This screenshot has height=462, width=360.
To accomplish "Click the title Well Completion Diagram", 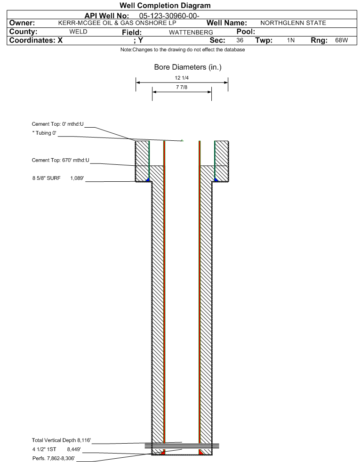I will click(x=165, y=6).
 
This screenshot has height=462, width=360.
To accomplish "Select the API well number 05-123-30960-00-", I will click(x=169, y=16).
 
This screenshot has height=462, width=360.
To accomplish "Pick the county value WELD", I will click(x=78, y=32).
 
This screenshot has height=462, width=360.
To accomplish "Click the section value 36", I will click(x=240, y=41).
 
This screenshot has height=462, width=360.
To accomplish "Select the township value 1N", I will click(x=291, y=41).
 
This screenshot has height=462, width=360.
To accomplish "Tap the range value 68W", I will click(x=341, y=41).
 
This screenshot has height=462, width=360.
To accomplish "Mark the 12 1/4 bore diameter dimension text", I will click(x=182, y=78).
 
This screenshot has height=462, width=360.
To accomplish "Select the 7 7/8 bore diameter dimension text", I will click(x=182, y=87).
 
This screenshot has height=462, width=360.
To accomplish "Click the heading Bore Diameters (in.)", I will click(x=188, y=67).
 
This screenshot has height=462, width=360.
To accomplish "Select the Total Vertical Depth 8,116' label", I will click(x=61, y=440).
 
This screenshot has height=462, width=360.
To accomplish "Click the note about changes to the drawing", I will click(x=183, y=50).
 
